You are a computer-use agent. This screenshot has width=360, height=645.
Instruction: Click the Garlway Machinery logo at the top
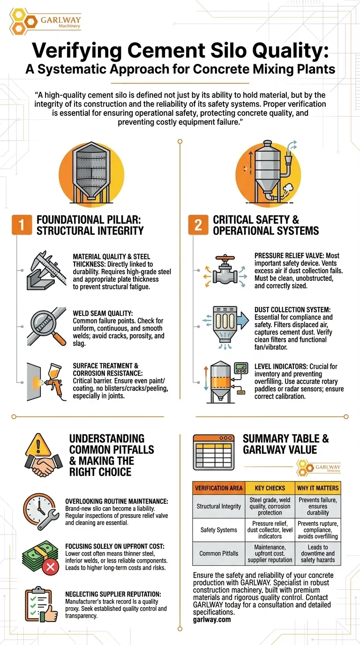(45, 22)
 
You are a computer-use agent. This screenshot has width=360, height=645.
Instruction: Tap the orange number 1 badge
(22, 225)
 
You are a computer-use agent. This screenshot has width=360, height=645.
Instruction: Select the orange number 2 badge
(198, 225)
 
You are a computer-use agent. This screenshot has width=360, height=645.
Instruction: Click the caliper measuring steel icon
(46, 270)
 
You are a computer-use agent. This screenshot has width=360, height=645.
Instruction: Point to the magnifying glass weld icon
(46, 326)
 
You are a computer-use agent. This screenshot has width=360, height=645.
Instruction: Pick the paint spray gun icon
(46, 382)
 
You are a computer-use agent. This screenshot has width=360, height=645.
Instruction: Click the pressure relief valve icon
(225, 270)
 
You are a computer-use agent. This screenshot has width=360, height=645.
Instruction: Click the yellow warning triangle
(38, 445)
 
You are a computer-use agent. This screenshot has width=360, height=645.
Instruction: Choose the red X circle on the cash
(51, 567)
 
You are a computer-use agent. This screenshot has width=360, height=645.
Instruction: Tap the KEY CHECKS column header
(270, 488)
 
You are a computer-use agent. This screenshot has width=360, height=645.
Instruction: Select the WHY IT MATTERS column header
(318, 488)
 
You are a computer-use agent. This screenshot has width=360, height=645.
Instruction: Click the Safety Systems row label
(219, 530)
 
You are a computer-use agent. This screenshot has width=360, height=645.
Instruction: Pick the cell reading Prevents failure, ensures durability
(318, 506)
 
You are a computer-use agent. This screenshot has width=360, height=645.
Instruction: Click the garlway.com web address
(212, 619)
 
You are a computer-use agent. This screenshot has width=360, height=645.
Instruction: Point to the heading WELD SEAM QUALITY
(103, 313)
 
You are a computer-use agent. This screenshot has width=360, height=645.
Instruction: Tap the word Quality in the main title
(291, 51)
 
